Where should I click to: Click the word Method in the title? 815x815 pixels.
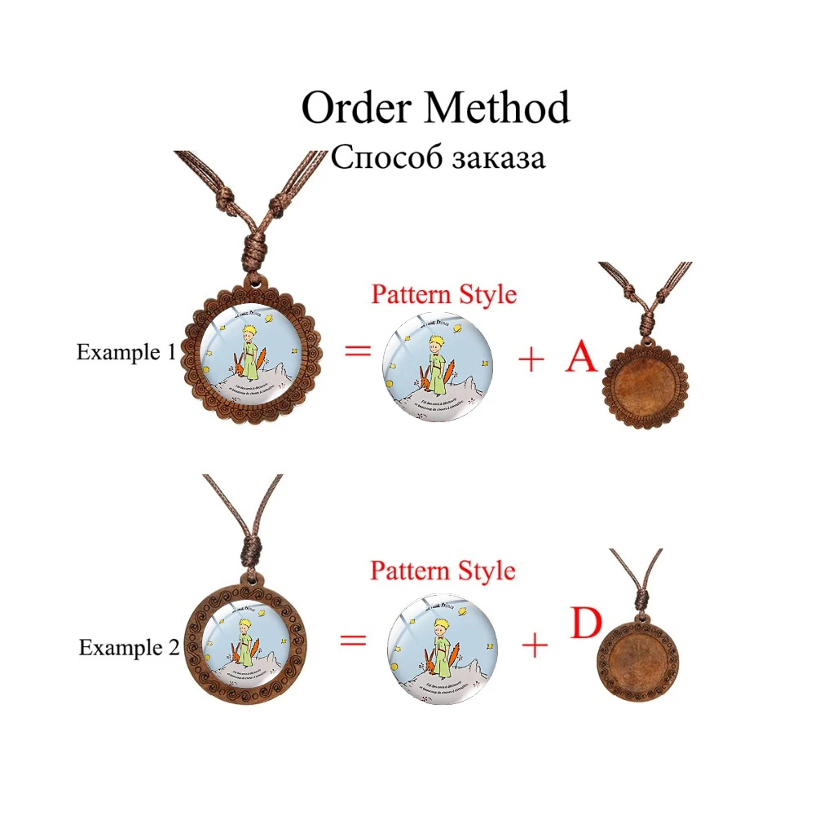494,108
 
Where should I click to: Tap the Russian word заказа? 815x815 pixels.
494,156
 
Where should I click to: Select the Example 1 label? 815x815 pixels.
126,352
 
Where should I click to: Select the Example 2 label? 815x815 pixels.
129,648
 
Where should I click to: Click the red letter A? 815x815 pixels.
582,357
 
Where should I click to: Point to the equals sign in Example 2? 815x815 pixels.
352,640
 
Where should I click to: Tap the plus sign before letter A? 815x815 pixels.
531,359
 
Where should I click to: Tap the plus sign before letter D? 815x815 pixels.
534,646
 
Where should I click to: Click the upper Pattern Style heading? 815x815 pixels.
443,294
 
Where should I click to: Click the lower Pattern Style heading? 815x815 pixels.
443,570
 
